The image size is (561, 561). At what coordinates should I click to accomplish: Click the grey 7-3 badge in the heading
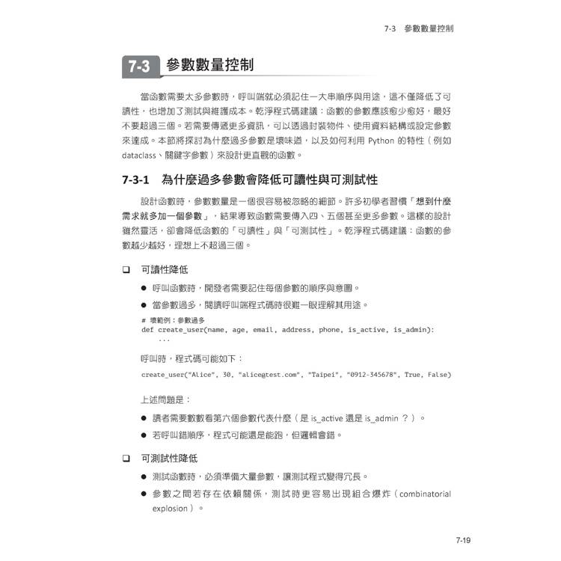click(x=138, y=67)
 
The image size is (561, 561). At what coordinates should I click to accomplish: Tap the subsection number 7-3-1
click(x=135, y=180)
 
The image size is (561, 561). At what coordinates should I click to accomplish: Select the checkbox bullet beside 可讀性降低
click(x=126, y=269)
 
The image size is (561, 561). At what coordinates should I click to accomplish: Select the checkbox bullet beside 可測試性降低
click(x=126, y=457)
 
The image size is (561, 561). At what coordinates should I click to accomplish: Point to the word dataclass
click(x=139, y=156)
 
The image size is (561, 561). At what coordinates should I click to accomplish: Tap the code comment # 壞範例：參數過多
click(x=166, y=320)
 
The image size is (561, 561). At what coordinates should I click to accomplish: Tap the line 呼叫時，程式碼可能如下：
click(x=186, y=358)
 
